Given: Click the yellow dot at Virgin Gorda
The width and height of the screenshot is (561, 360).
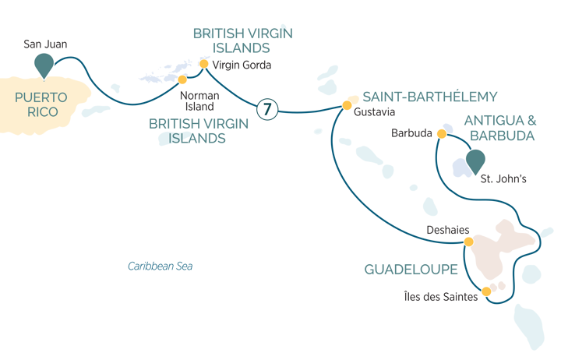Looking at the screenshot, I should point(204,64).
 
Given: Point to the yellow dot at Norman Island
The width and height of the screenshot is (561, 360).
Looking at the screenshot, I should point(183,79).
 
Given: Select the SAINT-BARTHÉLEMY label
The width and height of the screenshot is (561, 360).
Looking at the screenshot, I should point(429,97).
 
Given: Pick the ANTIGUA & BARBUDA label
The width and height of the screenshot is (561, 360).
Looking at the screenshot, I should point(499,127).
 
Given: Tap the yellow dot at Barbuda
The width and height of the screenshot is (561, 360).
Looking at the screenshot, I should point(442,134).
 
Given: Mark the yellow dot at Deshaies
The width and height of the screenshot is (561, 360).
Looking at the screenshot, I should point(467,242).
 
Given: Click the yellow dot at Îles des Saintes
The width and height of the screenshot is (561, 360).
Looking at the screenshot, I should point(486,291).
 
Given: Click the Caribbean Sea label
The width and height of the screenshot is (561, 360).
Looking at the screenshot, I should point(160,266).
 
